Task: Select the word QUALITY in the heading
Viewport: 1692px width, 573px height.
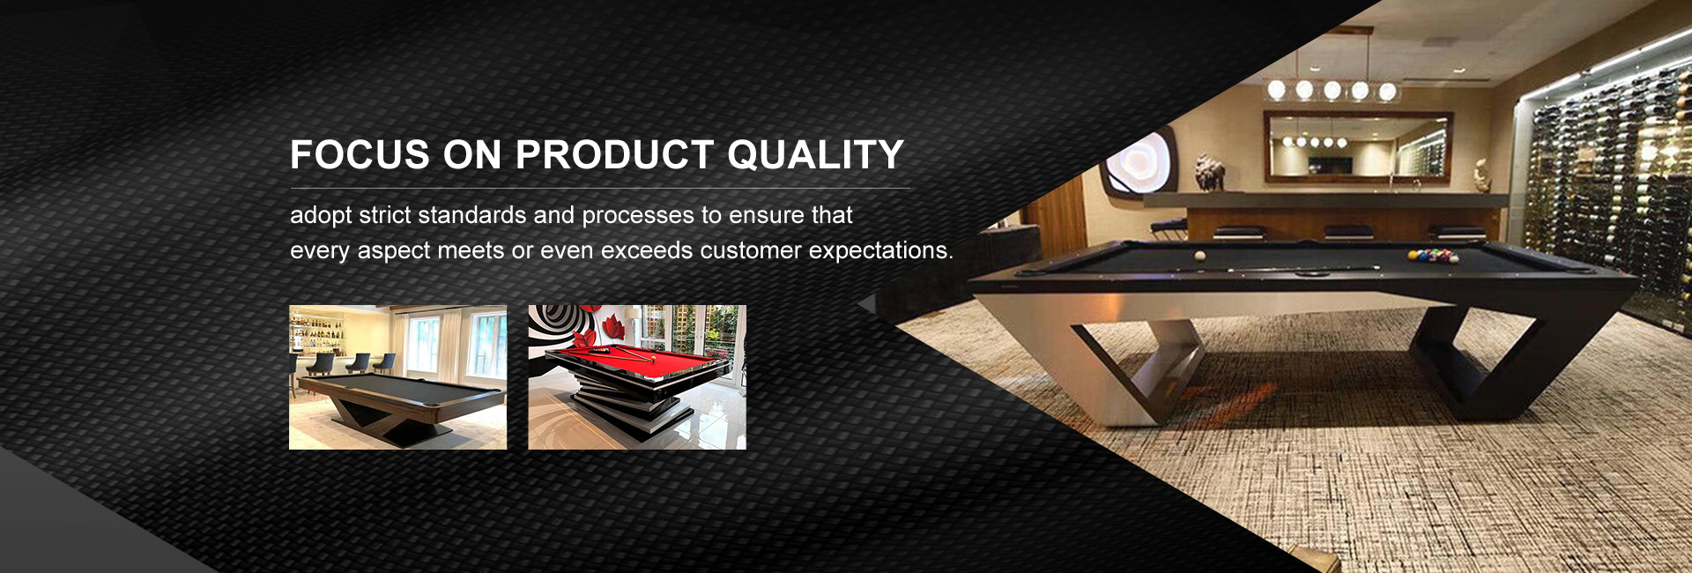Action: coord(816,155)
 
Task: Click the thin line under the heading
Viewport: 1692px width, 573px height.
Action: coord(600,189)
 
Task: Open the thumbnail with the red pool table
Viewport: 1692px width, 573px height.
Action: coord(637,377)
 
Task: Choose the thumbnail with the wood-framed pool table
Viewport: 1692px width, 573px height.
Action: coord(397,377)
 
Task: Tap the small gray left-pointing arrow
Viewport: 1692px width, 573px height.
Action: coord(866,304)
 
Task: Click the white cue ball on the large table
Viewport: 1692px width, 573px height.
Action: coord(1199,256)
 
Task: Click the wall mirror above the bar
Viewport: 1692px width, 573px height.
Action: coord(1358,147)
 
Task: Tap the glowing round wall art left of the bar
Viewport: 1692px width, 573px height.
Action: coord(1136,167)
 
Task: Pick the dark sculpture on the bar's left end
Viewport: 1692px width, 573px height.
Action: coord(1208,172)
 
